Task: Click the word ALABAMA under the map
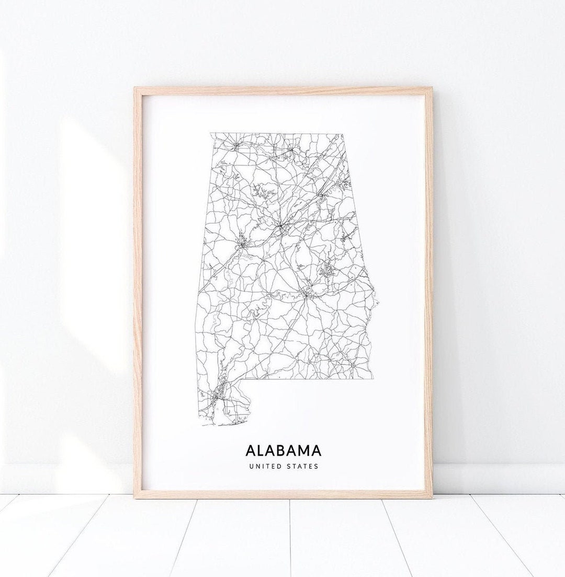283,451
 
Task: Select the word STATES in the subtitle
302,466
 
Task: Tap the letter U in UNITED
251,466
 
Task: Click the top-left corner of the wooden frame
135,88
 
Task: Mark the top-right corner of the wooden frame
432,88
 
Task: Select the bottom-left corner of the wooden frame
134,497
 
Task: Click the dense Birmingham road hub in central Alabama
281,227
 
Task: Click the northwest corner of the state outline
211,134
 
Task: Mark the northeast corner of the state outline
343,134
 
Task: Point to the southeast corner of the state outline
372,378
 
